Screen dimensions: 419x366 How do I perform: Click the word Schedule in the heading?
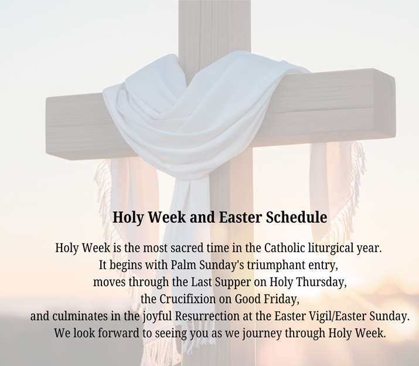click(296, 217)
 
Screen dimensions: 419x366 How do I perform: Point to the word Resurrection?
click(207, 316)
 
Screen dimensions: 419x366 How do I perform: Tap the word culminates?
click(81, 316)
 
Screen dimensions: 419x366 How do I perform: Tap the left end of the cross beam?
click(46, 126)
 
